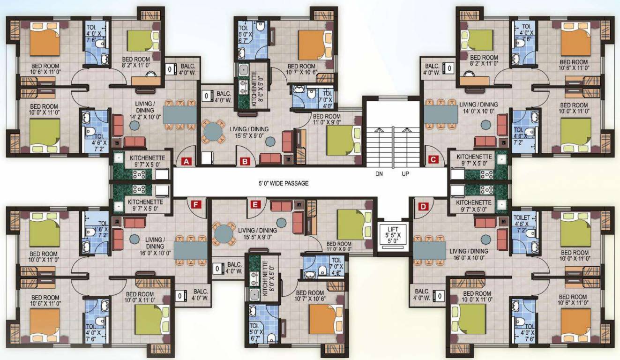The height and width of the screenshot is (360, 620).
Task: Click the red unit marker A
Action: (x=187, y=162)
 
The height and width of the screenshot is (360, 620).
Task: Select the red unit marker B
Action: (x=245, y=162)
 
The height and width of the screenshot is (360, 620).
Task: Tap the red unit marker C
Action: (x=433, y=160)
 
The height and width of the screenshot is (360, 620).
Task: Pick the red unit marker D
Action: (x=423, y=206)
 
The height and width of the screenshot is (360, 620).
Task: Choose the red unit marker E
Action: (x=255, y=205)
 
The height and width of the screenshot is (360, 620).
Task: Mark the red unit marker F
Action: (x=196, y=204)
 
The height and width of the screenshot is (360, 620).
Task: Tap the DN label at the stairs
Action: (x=379, y=173)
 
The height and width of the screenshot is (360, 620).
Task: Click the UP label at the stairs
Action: (x=406, y=173)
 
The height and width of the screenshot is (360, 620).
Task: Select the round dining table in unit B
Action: (x=214, y=131)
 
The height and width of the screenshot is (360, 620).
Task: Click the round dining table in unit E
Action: (x=224, y=232)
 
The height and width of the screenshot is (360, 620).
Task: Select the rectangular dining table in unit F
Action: (x=190, y=250)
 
